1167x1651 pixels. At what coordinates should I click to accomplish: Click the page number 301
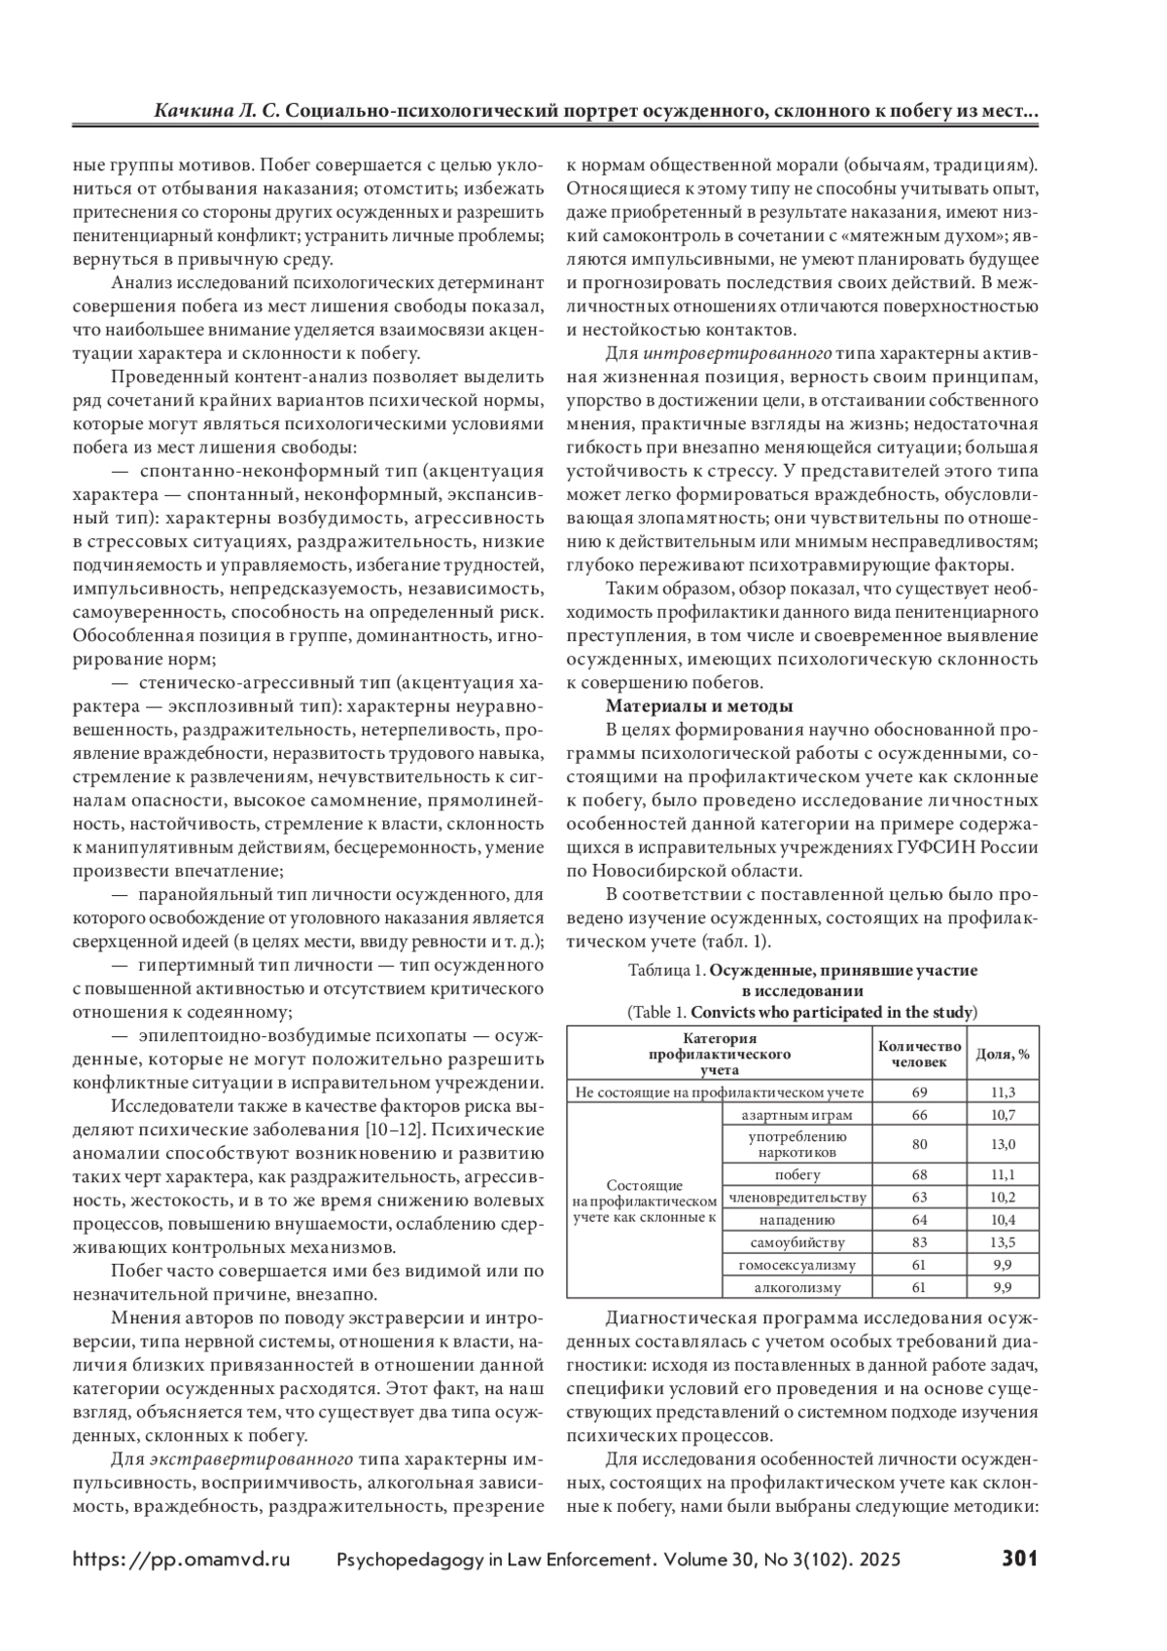(x=1019, y=1559)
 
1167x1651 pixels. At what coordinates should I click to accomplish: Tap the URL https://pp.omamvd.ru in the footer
(x=182, y=1560)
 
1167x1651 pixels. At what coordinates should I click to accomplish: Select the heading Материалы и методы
(x=699, y=705)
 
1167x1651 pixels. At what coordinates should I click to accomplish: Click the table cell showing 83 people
(x=919, y=1242)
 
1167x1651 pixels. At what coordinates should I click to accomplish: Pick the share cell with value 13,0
(x=1003, y=1144)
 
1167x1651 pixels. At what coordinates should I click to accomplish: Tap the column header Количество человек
(x=919, y=1055)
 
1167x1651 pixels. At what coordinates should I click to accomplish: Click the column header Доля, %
(x=1003, y=1055)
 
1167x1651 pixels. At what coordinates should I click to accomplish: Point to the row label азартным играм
(x=796, y=1114)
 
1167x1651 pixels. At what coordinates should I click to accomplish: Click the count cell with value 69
(x=919, y=1092)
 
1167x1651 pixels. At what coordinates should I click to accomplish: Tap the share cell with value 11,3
(x=1003, y=1092)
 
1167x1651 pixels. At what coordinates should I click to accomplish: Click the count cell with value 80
(x=919, y=1144)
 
